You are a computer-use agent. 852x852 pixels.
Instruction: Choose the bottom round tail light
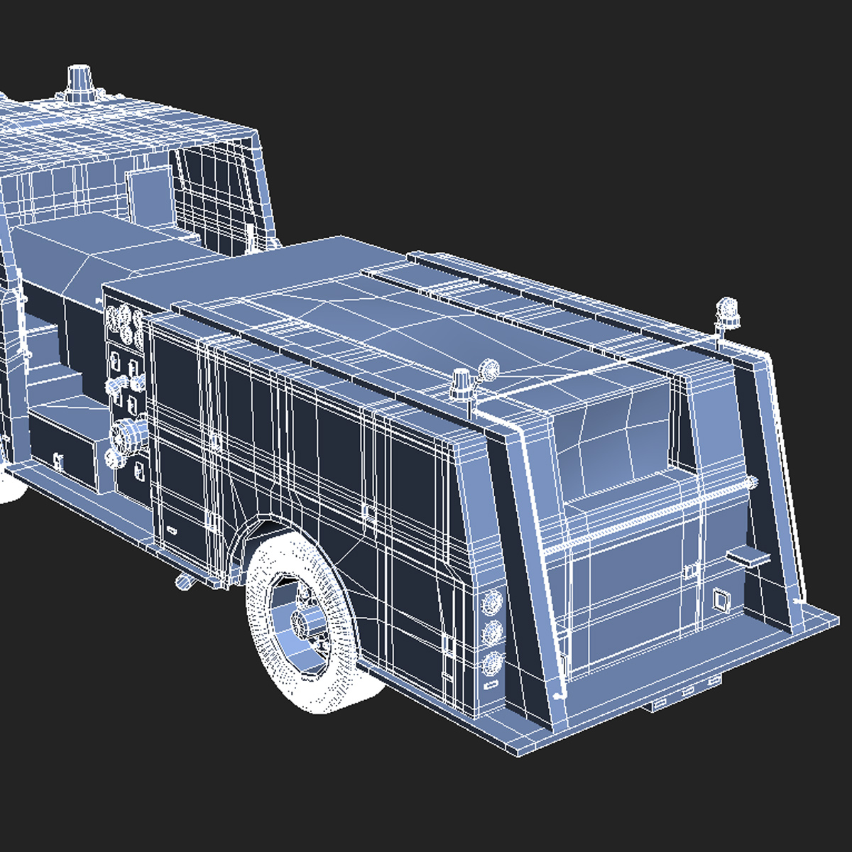pyautogui.click(x=491, y=663)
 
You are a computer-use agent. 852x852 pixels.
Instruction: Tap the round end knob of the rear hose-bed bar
pyautogui.click(x=750, y=483)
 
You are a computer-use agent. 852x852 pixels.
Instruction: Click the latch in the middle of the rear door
pyautogui.click(x=688, y=570)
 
